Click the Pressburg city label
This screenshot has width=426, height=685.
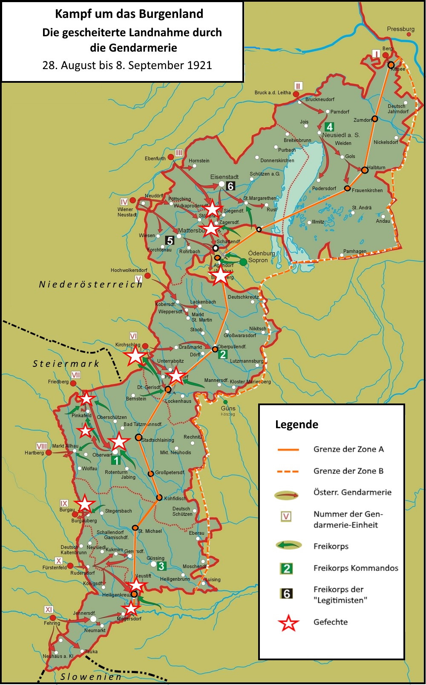point(400,29)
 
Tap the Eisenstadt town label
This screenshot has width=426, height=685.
point(224,177)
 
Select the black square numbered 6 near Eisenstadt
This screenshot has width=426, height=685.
point(230,186)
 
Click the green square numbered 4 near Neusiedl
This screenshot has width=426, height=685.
point(329,127)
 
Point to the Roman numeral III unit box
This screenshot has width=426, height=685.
point(179,153)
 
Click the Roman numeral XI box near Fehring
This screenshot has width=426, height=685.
point(49,610)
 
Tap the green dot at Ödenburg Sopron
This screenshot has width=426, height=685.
point(243,261)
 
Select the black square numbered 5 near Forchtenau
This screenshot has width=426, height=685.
point(170,241)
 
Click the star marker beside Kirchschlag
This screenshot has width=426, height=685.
point(135,356)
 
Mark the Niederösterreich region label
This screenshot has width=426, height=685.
point(91,284)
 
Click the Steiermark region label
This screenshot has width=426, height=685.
point(66,363)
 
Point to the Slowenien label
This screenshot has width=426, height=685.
point(91,676)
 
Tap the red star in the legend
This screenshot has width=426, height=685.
point(288,623)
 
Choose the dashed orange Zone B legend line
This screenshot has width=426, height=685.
point(288,471)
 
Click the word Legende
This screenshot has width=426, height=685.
point(296,424)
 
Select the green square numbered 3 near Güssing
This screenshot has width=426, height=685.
point(161,566)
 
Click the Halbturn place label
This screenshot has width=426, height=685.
point(376,168)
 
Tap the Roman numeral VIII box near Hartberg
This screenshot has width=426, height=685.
point(41,446)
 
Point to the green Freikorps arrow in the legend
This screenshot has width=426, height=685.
point(288,545)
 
